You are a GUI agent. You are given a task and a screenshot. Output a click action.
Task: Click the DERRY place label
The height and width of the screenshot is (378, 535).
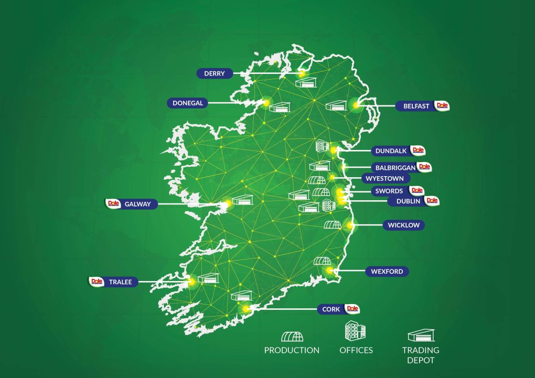pyautogui.click(x=214, y=73)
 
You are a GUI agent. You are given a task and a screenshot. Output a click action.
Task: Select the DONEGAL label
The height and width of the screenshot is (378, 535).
pyautogui.click(x=188, y=103)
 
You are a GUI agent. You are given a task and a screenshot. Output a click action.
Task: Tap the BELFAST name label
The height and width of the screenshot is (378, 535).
pyautogui.click(x=416, y=106)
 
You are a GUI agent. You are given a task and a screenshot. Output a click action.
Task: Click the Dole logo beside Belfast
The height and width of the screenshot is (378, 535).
pyautogui.click(x=443, y=105)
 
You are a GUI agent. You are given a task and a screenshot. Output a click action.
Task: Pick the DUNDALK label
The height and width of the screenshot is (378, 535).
pyautogui.click(x=391, y=151)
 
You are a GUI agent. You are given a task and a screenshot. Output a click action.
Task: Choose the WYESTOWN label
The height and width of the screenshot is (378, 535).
pyautogui.click(x=384, y=178)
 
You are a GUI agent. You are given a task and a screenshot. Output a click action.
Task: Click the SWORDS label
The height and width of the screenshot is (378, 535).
pyautogui.click(x=389, y=191)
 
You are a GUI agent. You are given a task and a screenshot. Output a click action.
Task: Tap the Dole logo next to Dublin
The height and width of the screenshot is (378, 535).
pyautogui.click(x=432, y=200)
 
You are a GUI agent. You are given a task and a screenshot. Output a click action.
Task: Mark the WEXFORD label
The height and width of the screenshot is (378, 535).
pyautogui.click(x=387, y=272)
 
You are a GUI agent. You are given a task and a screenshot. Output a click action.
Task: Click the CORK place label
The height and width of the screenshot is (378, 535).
pyautogui.click(x=331, y=309)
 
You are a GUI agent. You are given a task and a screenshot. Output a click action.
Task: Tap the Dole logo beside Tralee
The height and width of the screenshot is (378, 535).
pyautogui.click(x=96, y=281)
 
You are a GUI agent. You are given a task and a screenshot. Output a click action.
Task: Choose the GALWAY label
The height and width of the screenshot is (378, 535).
pyautogui.click(x=137, y=204)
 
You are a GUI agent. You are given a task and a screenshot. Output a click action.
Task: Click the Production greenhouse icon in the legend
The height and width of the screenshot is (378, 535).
pyautogui.click(x=292, y=336)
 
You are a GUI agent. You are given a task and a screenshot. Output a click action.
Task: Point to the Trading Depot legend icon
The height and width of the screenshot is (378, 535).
pyautogui.click(x=421, y=336)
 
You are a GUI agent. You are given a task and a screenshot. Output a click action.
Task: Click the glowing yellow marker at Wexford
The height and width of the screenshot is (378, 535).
pyautogui.click(x=329, y=271)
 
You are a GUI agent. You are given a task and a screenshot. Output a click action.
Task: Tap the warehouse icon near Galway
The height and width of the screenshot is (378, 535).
pyautogui.click(x=242, y=200)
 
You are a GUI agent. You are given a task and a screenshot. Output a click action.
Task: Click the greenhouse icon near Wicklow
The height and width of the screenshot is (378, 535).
pyautogui.click(x=333, y=225)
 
